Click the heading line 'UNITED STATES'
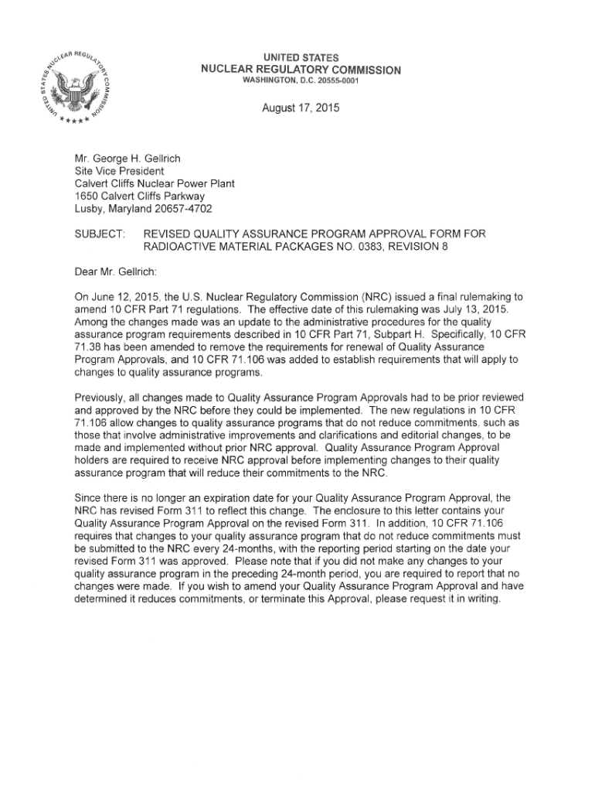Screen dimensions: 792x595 coord(301,59)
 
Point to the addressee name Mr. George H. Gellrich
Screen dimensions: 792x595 coord(127,159)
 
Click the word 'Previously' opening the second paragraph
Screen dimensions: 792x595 coord(101,397)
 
